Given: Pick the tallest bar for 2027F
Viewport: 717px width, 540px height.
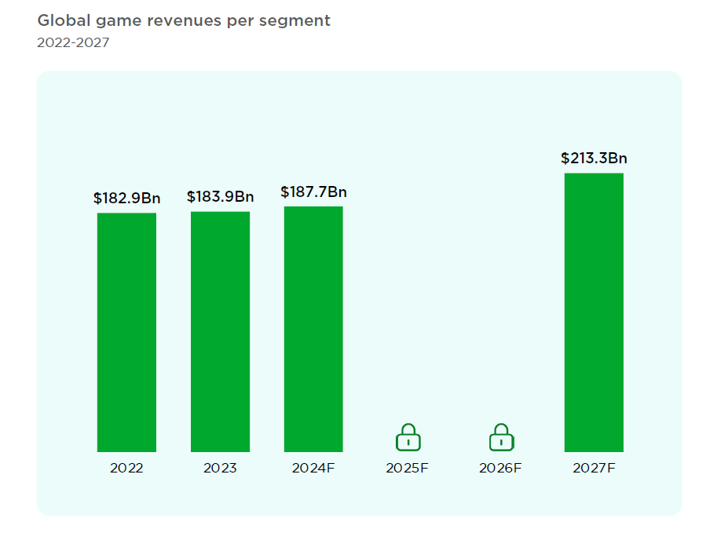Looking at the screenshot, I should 594,312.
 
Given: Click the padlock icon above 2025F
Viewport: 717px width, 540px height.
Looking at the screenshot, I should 408,437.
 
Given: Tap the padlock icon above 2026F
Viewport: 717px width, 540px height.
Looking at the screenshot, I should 501,437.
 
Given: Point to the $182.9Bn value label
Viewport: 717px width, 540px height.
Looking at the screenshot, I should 126,198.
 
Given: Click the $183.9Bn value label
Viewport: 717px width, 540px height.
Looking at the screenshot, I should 220,196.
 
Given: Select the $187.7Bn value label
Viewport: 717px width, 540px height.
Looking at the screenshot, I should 313,192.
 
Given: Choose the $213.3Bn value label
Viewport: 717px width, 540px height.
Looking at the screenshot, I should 594,159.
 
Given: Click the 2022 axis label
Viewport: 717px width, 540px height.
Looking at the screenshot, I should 126,468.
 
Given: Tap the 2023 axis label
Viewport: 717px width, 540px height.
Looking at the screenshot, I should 220,468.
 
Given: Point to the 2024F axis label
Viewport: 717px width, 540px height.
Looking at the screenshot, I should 313,468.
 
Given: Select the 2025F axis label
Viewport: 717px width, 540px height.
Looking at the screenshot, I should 408,468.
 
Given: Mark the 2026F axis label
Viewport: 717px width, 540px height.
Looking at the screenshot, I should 501,468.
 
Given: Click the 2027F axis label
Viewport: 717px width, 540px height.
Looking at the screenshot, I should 594,468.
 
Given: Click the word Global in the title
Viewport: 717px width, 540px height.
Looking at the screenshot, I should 62,21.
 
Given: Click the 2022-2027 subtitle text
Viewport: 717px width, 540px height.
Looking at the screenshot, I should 73,42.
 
